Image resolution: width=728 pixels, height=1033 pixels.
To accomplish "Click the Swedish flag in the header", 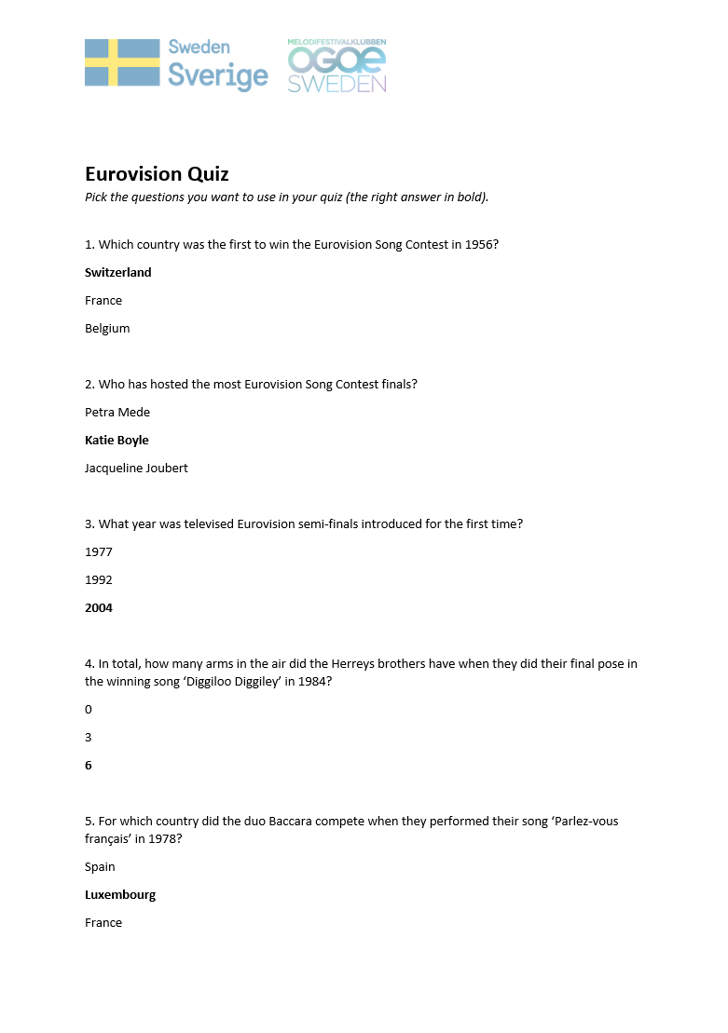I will click(122, 63).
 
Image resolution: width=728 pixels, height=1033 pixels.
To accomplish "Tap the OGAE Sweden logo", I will click(337, 66).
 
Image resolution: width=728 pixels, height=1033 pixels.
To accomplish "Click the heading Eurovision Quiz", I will click(157, 174).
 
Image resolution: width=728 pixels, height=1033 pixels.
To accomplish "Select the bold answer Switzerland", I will click(117, 273).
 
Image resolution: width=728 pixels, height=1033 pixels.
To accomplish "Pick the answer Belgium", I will click(107, 329).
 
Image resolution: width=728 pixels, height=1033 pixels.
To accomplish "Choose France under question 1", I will click(103, 301).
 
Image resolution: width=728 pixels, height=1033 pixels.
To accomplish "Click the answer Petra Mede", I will click(117, 413).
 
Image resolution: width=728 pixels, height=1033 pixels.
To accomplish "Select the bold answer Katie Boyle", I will click(117, 441).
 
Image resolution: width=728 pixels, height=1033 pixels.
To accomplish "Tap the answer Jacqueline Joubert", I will click(136, 469).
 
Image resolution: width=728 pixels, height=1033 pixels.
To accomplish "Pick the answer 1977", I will click(99, 552).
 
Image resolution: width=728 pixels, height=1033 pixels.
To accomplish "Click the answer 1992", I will click(99, 580).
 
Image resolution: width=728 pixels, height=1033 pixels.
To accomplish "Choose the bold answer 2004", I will click(99, 608).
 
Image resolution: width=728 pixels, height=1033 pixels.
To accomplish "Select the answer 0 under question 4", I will click(89, 710).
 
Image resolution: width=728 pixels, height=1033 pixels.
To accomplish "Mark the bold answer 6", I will click(89, 766).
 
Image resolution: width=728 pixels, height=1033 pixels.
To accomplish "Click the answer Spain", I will click(100, 867).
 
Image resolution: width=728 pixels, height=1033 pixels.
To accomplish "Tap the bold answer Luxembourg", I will click(120, 895).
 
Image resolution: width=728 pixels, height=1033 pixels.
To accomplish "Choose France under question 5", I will click(103, 923).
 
